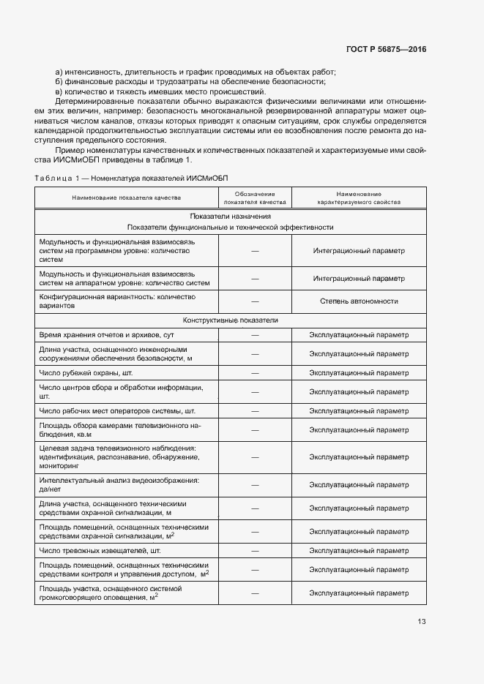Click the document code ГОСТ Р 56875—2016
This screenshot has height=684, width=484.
click(x=386, y=50)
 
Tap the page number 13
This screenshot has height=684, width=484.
click(x=422, y=622)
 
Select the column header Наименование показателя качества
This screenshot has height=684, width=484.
click(x=126, y=198)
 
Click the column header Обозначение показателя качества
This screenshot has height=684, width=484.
click(x=255, y=198)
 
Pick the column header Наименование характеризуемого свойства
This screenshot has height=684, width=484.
click(x=358, y=198)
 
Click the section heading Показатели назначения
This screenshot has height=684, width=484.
click(x=231, y=217)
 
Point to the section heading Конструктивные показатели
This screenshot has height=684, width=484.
click(x=231, y=320)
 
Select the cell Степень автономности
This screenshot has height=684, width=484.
click(x=358, y=301)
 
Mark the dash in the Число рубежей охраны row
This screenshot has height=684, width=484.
click(x=255, y=372)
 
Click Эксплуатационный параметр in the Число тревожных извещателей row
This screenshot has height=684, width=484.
click(x=358, y=549)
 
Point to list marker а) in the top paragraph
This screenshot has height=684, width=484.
click(x=59, y=71)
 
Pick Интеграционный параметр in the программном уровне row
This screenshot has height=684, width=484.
click(x=358, y=250)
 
